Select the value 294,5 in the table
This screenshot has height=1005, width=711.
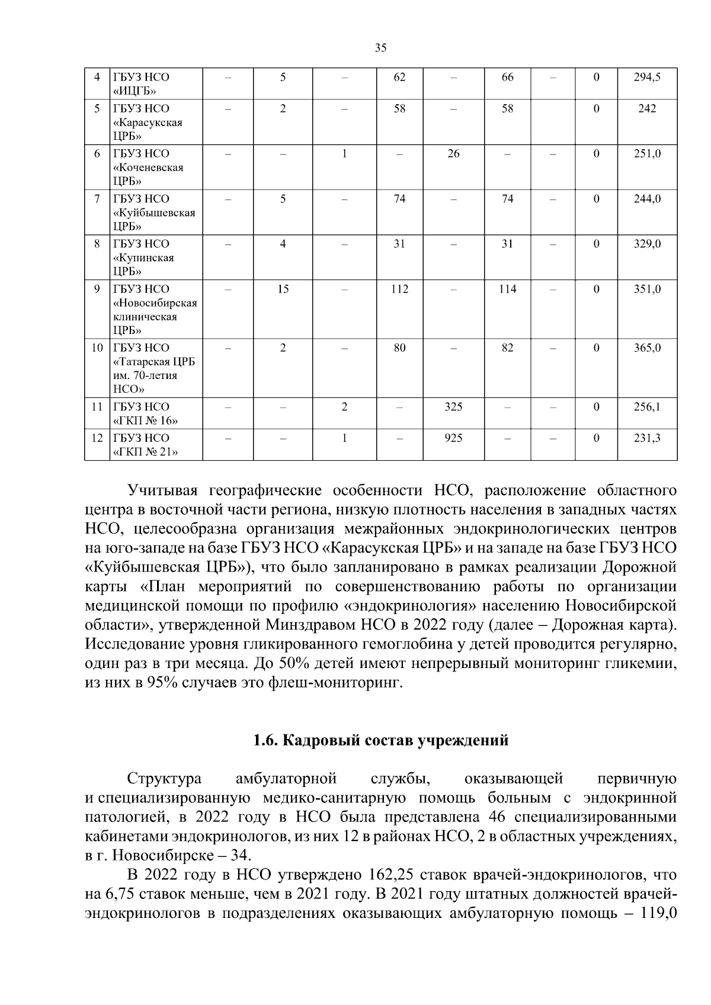coord(647,77)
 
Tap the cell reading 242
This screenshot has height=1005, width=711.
coord(647,108)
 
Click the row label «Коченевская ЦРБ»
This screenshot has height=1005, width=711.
coord(148,168)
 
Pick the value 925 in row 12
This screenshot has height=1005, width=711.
coord(453,438)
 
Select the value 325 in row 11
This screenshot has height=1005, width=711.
coord(453,407)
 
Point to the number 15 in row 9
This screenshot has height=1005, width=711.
coord(283,289)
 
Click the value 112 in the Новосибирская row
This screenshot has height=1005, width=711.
coord(400,289)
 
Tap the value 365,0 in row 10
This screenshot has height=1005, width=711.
coord(647,348)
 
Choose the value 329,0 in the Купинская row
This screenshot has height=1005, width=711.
coord(647,243)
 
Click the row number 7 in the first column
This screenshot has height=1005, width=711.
coord(97,198)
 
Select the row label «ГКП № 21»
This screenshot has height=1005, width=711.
coord(146,452)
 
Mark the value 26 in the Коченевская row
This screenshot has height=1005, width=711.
coord(453,153)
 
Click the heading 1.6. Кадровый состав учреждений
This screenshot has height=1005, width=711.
coord(380,740)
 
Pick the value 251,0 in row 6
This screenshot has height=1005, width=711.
coord(647,153)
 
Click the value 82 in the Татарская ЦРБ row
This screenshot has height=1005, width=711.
coord(507,348)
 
